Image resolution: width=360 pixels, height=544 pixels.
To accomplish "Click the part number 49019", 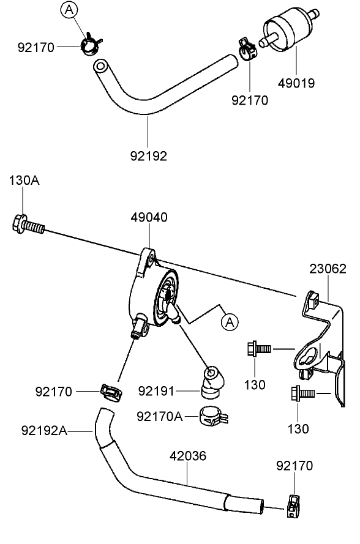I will coord(298,83).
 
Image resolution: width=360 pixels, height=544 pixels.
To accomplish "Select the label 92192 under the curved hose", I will coord(147,155).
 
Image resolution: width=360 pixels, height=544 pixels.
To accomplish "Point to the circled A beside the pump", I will coord(230,320).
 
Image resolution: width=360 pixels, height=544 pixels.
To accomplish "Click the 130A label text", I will coord(23,181).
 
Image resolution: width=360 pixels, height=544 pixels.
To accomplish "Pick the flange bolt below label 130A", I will coord(26,226).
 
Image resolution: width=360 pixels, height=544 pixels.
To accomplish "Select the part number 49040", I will coord(149,217).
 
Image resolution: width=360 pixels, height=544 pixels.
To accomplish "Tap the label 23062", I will coord(328,269).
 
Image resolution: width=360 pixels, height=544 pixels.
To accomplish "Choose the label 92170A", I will coord(160,416).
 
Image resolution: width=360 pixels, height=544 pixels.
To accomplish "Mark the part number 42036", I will coord(187,456).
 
